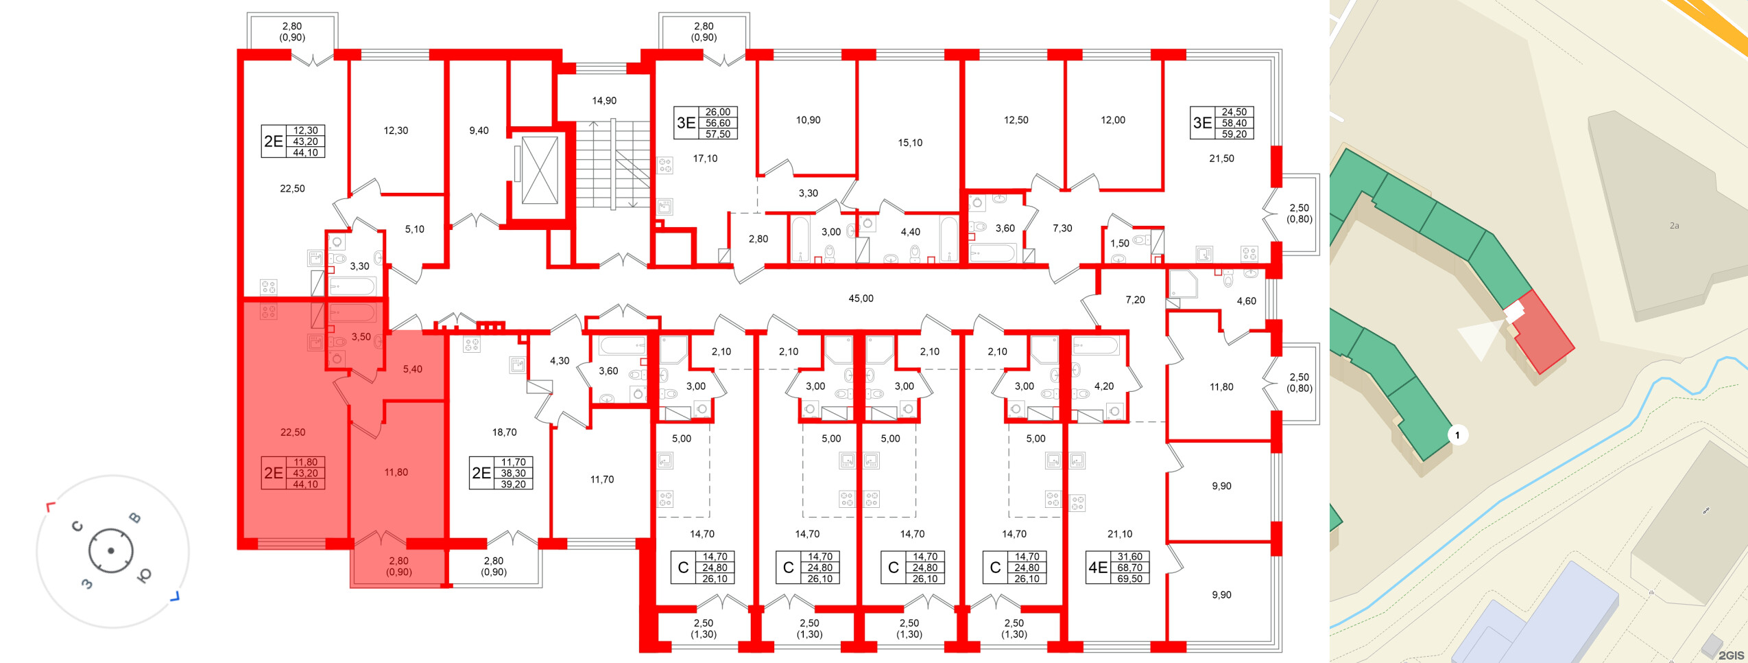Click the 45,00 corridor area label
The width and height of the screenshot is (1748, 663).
point(861,299)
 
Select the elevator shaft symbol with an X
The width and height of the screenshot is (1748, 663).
point(540,170)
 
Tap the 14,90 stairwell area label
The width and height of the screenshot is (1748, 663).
point(604,101)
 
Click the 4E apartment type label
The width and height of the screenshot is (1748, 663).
point(1098,568)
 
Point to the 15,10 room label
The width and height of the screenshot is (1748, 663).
point(910,143)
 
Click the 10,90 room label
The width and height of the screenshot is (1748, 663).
point(808,120)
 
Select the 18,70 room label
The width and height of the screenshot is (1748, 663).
point(504,432)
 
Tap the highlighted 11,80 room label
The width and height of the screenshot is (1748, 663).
point(396,472)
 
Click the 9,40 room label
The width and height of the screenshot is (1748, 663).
point(479,130)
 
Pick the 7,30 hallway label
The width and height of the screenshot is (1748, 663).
point(1062,229)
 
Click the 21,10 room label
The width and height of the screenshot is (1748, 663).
point(1119,534)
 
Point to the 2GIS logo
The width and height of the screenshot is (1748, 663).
point(1731,655)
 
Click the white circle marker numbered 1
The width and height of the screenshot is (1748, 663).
point(1457,435)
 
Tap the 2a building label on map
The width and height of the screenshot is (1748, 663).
point(1674,226)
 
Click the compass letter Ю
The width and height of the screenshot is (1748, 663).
point(145,575)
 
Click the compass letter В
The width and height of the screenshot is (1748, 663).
point(136,517)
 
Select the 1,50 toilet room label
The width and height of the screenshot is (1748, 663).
point(1119,244)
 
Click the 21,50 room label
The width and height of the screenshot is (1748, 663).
point(1221,159)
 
